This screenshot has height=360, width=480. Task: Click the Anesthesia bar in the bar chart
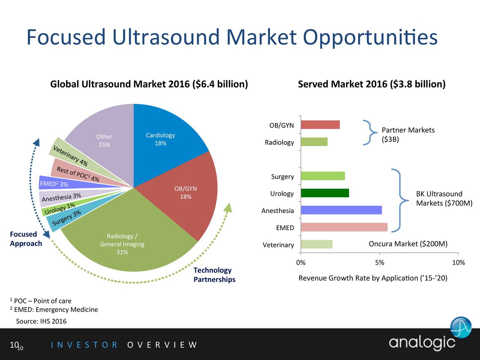pos(341,210)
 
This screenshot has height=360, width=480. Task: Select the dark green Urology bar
pos(325,193)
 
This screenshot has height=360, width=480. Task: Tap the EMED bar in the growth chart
pos(344,227)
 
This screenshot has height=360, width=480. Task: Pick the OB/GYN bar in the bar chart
pos(320,125)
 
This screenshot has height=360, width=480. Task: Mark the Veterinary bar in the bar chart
pos(316,244)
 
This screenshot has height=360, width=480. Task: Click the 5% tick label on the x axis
pos(379,262)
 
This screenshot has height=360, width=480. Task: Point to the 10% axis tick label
pos(458,262)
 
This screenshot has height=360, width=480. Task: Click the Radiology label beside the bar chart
pos(279,142)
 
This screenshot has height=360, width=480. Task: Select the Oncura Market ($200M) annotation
pos(408,244)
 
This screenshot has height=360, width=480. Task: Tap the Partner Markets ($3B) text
pos(408,135)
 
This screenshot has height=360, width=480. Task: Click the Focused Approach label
pos(26,239)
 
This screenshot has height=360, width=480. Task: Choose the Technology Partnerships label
pos(214,275)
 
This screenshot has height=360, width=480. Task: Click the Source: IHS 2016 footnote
pos(41,321)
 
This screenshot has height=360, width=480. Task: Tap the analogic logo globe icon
pos(461,327)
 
